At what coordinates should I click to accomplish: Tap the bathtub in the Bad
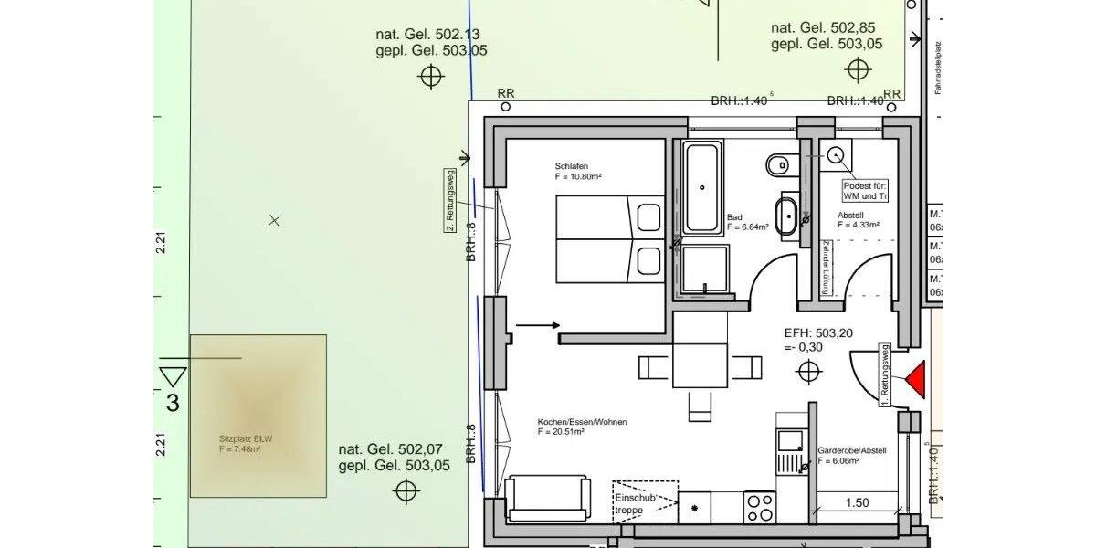tap(702, 187)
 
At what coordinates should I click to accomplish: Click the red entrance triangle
tap(914, 379)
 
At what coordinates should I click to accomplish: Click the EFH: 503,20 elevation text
tap(818, 333)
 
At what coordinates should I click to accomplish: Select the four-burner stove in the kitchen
tap(759, 506)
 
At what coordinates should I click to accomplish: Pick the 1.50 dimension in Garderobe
tap(857, 502)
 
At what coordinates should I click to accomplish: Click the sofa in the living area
tap(547, 498)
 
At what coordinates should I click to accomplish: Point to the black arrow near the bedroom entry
tap(539, 324)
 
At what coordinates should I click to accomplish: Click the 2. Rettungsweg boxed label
tap(449, 201)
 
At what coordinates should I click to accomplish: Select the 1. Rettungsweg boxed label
tap(884, 374)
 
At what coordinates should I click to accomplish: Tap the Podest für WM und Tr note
tap(865, 190)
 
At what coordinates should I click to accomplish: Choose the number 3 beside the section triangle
tap(172, 403)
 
